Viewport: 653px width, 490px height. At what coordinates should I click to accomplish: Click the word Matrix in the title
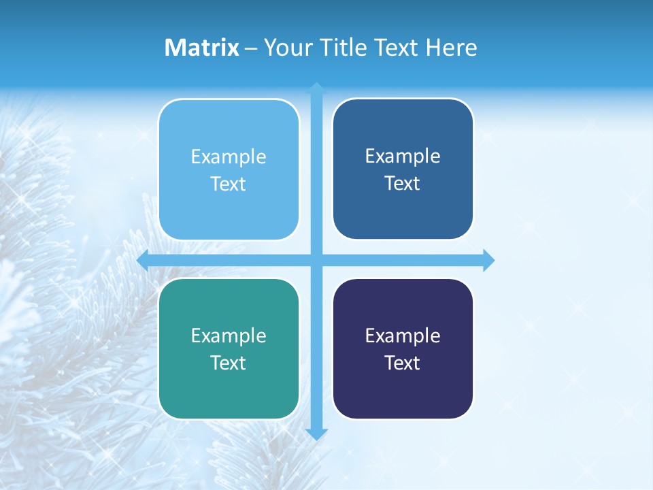[x=202, y=48]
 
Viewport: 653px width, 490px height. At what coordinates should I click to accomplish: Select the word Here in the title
[x=452, y=48]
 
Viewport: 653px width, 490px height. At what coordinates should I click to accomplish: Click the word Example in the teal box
[x=229, y=336]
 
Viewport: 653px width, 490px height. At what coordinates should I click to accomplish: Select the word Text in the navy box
[x=403, y=363]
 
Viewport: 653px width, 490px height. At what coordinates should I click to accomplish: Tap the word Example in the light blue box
[x=229, y=157]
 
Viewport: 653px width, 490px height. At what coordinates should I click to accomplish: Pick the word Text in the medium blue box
[x=403, y=183]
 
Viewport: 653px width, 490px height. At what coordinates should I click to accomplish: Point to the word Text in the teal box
[x=229, y=363]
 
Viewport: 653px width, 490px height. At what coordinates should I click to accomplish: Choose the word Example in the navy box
[x=403, y=336]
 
